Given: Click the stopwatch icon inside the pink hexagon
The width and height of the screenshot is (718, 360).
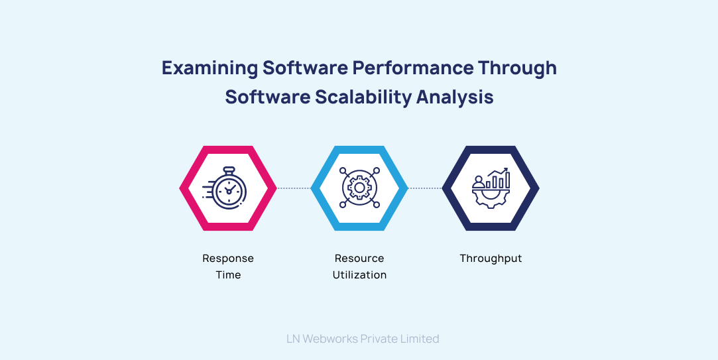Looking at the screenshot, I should tap(229, 190).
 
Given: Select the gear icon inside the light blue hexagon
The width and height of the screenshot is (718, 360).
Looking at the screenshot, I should tap(359, 188).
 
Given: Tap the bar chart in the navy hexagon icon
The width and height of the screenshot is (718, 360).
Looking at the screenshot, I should tap(498, 179).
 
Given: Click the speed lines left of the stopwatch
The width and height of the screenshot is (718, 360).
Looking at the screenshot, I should tap(208, 190).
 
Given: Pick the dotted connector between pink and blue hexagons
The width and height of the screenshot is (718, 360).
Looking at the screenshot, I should tap(294, 188).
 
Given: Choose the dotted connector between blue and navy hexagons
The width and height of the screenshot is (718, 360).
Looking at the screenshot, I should tap(425, 188).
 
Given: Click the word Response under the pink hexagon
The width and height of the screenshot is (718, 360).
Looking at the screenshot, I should tap(228, 259).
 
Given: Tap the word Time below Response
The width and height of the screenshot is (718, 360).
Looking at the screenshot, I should tap(228, 275).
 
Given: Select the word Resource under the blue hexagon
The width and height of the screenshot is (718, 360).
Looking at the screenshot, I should tap(359, 259).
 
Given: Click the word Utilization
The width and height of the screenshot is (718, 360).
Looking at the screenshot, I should tap(359, 275).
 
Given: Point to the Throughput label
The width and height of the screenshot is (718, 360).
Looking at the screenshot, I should tap(491, 259).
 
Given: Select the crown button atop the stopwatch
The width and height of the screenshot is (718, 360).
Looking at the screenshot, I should tap(229, 170).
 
